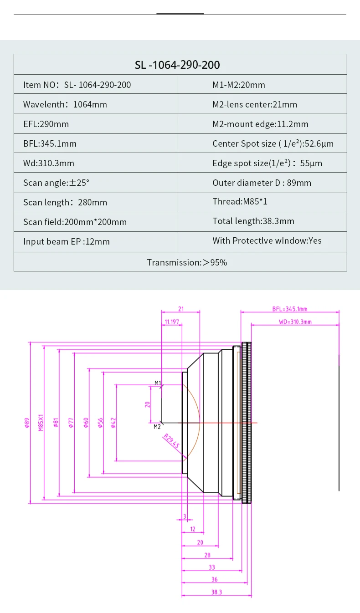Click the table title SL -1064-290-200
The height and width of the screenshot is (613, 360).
click(x=177, y=65)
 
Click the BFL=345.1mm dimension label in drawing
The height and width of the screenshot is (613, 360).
click(x=290, y=309)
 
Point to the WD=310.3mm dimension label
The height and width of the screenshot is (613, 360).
click(x=295, y=322)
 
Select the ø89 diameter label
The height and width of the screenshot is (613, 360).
click(x=27, y=423)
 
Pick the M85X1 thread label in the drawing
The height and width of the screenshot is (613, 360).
click(x=41, y=423)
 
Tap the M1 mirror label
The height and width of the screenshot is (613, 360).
click(x=158, y=383)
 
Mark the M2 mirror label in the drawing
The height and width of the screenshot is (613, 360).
click(x=157, y=427)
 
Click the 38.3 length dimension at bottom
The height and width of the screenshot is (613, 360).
click(x=216, y=592)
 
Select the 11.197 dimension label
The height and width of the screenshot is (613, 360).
click(x=171, y=322)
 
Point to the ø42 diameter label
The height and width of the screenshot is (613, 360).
click(x=113, y=423)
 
